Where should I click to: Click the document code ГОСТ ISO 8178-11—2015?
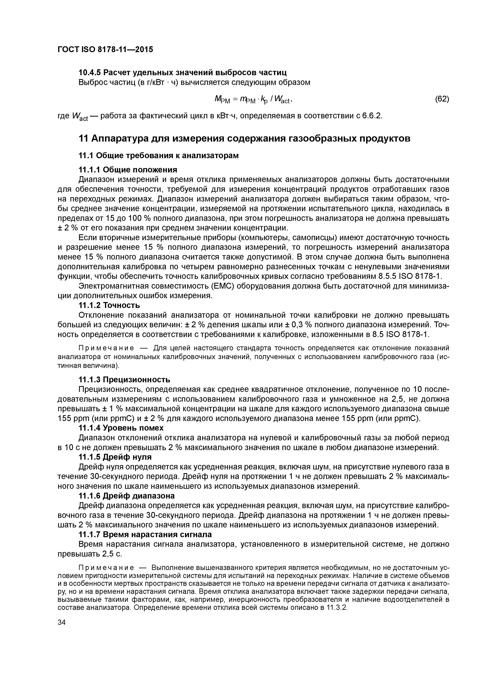point(105,49)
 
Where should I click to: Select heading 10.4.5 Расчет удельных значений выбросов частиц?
point(182,72)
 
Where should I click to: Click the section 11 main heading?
point(244,139)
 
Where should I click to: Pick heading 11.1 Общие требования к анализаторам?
point(158,156)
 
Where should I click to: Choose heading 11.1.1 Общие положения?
point(128,170)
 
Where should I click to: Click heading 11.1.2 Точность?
point(109,305)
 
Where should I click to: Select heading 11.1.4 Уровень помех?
point(121,428)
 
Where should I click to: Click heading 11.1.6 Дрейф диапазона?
point(126,496)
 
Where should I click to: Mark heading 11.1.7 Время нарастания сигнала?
point(145,534)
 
